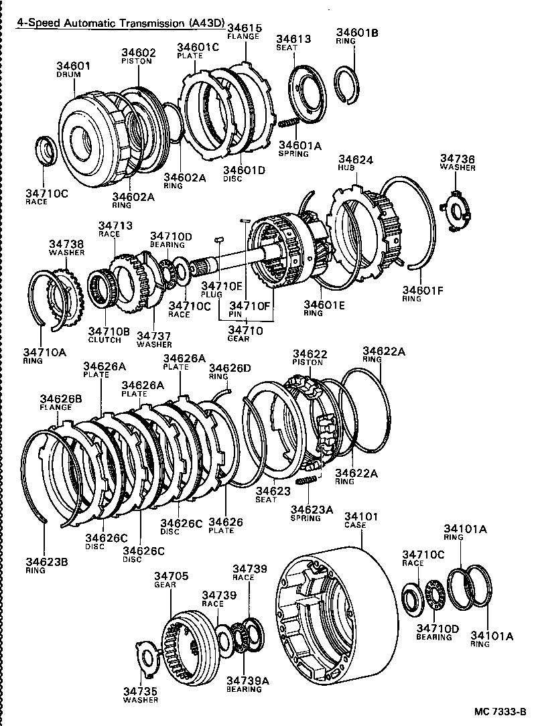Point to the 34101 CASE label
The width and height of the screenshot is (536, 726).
362,520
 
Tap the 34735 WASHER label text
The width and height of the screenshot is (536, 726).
140,695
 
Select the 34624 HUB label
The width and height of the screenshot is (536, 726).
355,165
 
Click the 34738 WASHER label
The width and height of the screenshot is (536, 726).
66,248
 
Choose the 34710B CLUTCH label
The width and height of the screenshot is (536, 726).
105,335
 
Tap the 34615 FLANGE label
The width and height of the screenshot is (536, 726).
243,31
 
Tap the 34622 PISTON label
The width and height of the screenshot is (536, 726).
307,358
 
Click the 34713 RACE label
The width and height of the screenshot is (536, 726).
115,230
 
